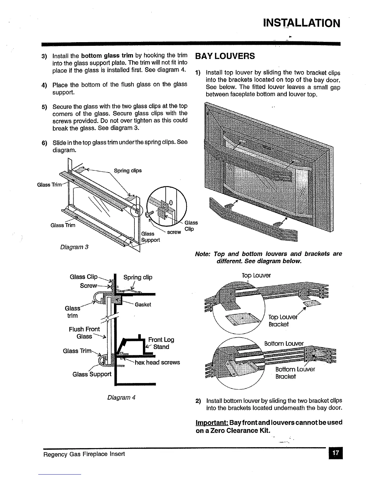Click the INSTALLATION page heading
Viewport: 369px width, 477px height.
point(301,23)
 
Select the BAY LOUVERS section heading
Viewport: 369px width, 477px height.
point(225,56)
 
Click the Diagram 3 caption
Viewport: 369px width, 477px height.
point(74,247)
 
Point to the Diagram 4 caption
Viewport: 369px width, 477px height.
point(121,397)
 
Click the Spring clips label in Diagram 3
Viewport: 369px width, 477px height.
point(128,171)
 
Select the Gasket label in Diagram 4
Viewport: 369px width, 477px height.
point(143,304)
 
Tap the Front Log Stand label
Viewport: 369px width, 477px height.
point(161,343)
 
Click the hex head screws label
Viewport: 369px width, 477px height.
point(157,362)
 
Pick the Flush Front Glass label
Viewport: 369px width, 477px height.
point(84,333)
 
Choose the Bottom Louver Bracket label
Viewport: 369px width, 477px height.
point(295,373)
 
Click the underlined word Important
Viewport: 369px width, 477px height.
point(209,422)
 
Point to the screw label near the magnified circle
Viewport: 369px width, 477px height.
point(174,232)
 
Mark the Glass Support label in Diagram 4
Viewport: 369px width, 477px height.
point(92,374)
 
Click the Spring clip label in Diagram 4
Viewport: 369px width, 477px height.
point(138,277)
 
